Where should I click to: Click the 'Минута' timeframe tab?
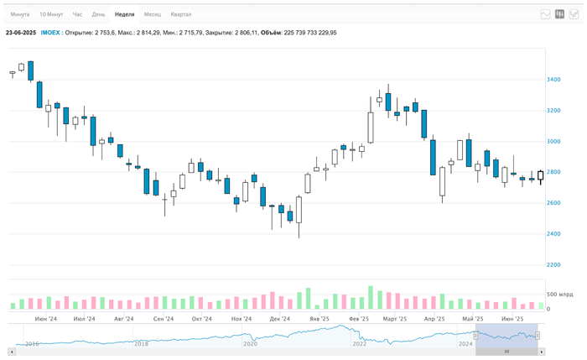point(19,14)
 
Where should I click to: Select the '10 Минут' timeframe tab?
point(50,14)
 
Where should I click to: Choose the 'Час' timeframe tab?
point(77,14)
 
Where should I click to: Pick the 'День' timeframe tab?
point(99,14)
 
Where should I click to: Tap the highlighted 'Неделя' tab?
point(124,14)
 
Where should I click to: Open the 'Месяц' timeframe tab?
point(153,14)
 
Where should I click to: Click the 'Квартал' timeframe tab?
point(180,14)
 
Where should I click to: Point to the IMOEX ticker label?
point(50,33)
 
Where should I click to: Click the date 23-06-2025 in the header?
point(21,33)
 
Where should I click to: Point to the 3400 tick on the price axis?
point(554,80)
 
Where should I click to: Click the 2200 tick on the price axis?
point(554,264)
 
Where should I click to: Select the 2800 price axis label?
point(554,172)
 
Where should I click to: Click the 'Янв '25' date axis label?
point(319,319)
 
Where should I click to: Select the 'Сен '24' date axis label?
point(163,319)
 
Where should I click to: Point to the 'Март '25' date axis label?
point(395,319)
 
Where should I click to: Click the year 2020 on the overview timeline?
point(250,344)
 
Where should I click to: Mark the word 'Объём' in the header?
point(271,33)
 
